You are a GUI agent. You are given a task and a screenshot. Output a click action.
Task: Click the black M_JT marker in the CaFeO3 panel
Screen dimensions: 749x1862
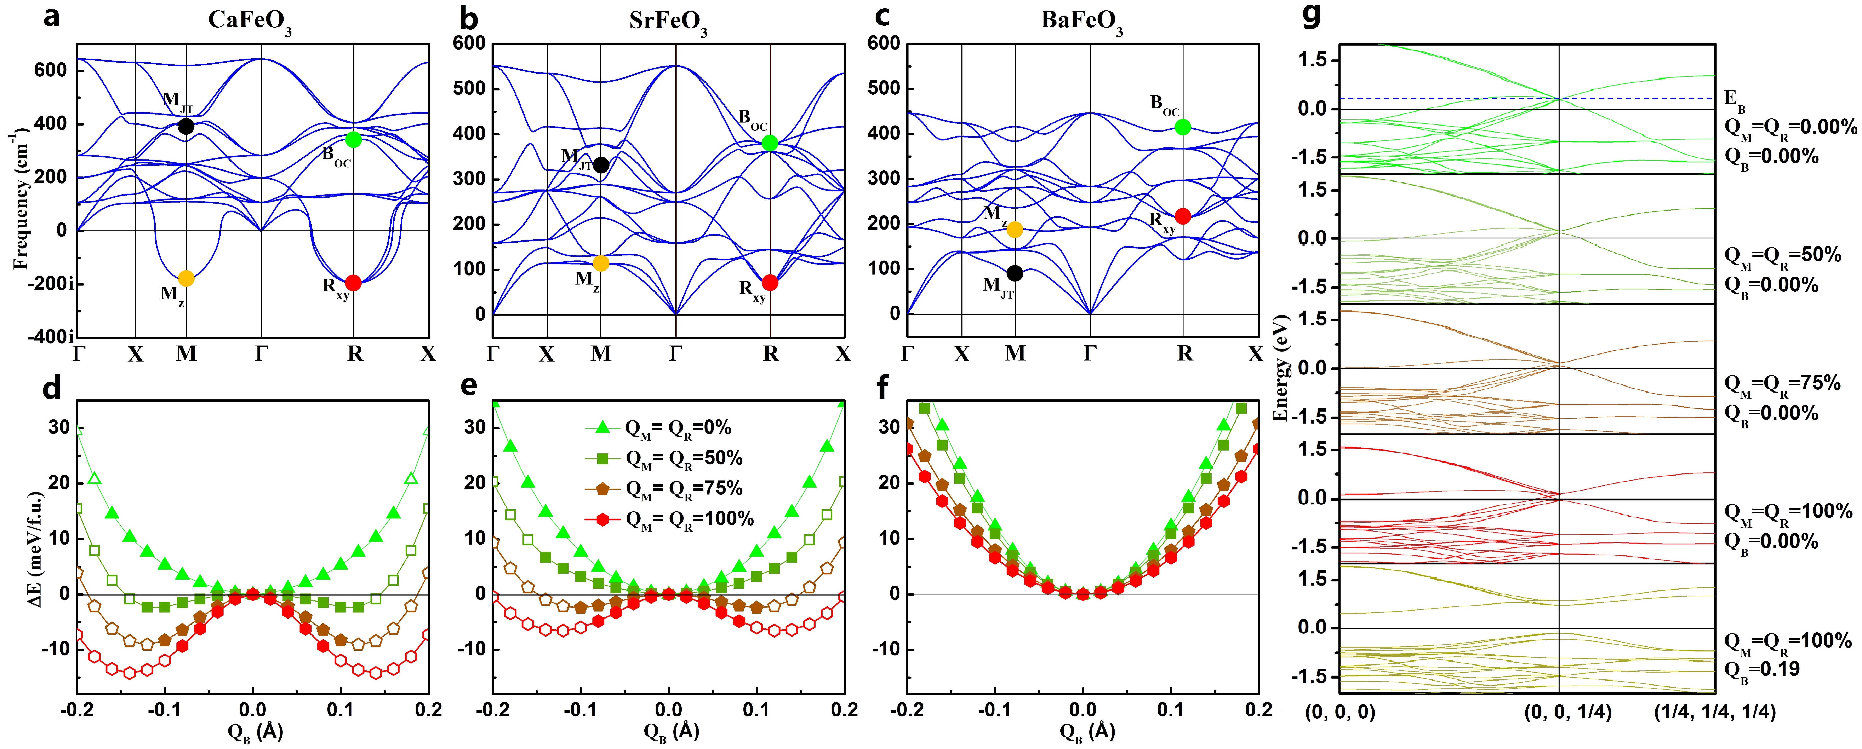click(186, 126)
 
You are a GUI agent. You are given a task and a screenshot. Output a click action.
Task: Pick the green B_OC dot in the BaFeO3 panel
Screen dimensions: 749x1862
click(1183, 127)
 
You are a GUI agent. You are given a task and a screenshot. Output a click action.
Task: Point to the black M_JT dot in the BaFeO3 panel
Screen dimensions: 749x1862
click(1015, 273)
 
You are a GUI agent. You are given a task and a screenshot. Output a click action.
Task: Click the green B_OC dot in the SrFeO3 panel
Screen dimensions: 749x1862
click(770, 143)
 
